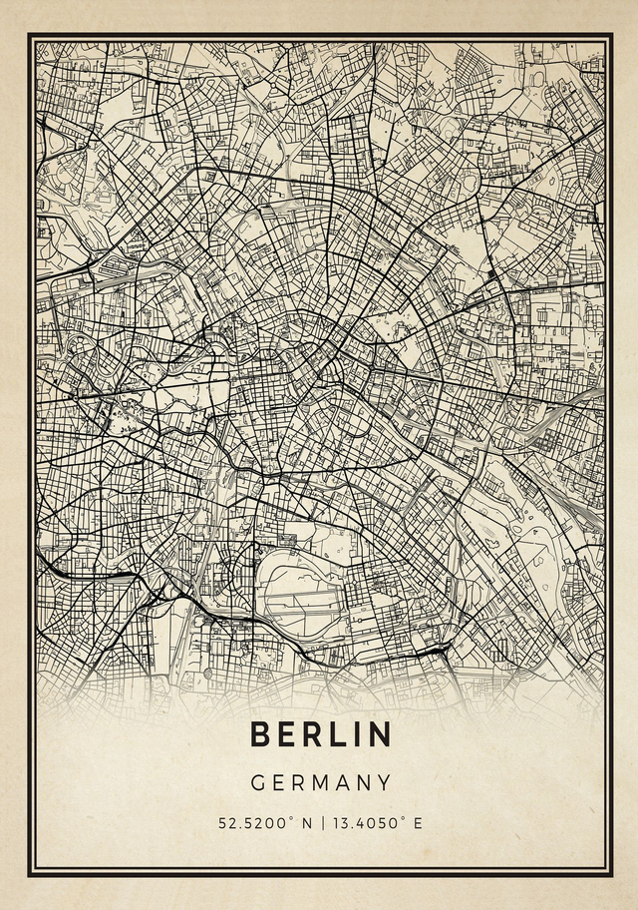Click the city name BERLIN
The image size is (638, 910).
point(320,734)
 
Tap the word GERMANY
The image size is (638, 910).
point(320,783)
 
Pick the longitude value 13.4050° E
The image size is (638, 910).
point(374,823)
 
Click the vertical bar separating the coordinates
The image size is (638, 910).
point(320,823)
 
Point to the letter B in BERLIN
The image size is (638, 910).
point(260,734)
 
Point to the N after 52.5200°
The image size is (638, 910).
point(306,823)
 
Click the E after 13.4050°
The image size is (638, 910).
point(418,823)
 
